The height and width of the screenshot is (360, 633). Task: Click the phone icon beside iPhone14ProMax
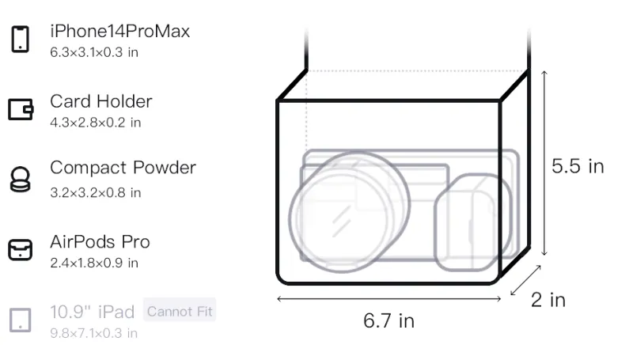click(x=21, y=39)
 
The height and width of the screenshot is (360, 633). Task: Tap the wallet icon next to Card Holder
click(x=21, y=109)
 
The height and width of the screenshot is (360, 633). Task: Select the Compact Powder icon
click(x=21, y=179)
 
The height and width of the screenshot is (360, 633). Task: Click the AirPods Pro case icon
click(x=21, y=250)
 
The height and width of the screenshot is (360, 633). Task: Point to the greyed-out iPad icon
click(x=21, y=320)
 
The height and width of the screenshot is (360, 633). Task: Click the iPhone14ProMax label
click(x=120, y=31)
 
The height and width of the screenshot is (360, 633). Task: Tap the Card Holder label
click(x=101, y=101)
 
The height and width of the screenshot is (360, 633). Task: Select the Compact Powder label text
click(x=123, y=168)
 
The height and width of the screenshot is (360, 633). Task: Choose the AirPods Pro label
click(x=100, y=242)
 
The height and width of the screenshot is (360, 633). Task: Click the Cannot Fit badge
click(x=180, y=311)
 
